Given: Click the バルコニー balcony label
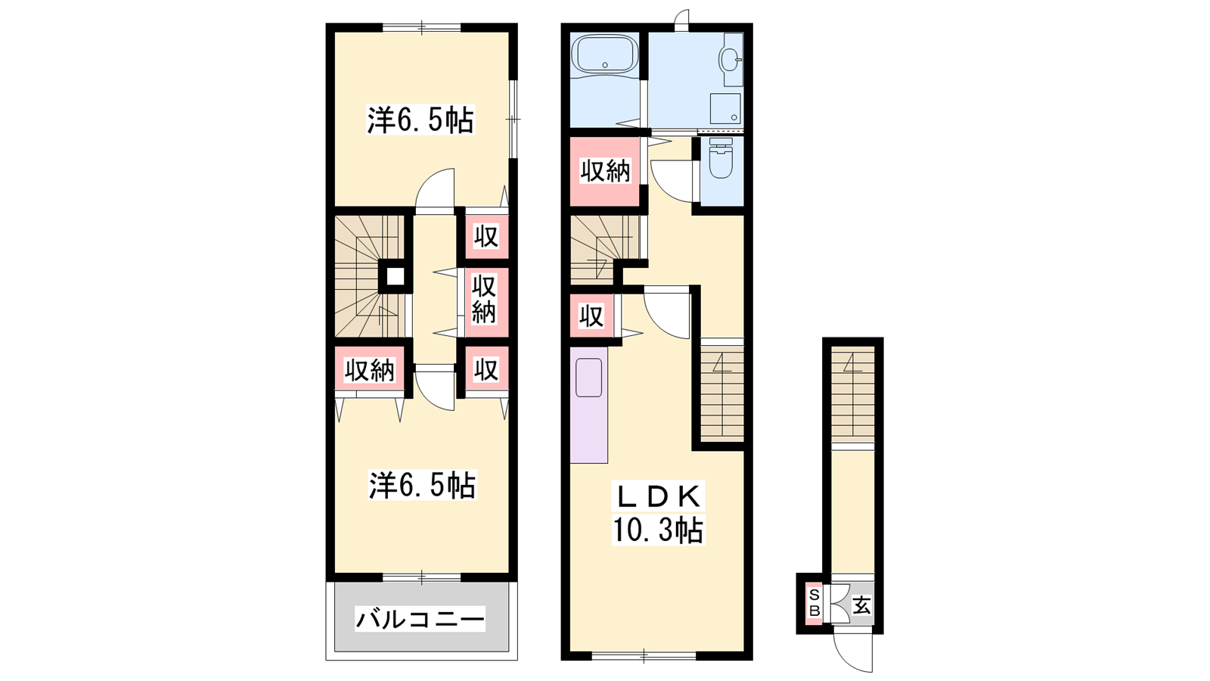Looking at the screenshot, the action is point(420,618).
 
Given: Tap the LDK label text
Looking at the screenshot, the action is point(658,495).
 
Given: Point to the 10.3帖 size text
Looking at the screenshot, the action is point(658,530).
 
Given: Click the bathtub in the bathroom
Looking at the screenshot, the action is point(605,54).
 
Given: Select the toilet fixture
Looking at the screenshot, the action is point(719,158).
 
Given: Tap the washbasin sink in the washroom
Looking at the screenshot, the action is point(730,60).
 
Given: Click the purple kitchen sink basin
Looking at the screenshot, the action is point(589,378).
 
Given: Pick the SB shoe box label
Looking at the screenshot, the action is point(814,602).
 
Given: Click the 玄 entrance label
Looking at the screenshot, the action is point(861,605).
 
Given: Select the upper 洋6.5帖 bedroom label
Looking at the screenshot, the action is point(420,120).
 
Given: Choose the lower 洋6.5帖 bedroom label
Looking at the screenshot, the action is point(422,485).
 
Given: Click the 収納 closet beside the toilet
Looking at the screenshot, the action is point(605,171).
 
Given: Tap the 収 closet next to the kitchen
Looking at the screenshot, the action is point(591,316).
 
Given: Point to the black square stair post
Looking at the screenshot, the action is point(395,277).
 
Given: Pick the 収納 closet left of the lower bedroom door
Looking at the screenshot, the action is point(370,370).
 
